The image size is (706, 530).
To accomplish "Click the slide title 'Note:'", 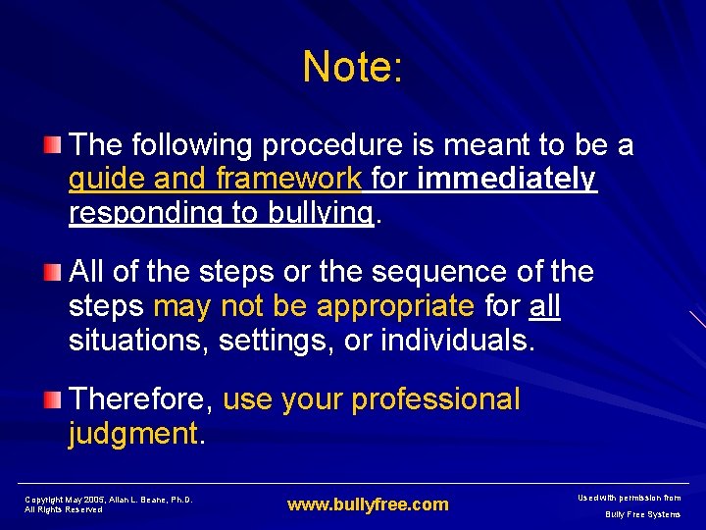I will pyautogui.click(x=353, y=67).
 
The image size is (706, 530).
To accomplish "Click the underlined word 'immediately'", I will pyautogui.click(x=506, y=180).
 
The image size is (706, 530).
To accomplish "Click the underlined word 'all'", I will pyautogui.click(x=544, y=306).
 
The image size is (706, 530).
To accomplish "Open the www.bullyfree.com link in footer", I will pyautogui.click(x=368, y=505).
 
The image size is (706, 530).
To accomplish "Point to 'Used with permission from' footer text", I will pyautogui.click(x=629, y=499).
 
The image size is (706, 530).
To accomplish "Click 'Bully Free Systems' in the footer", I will pyautogui.click(x=642, y=514).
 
